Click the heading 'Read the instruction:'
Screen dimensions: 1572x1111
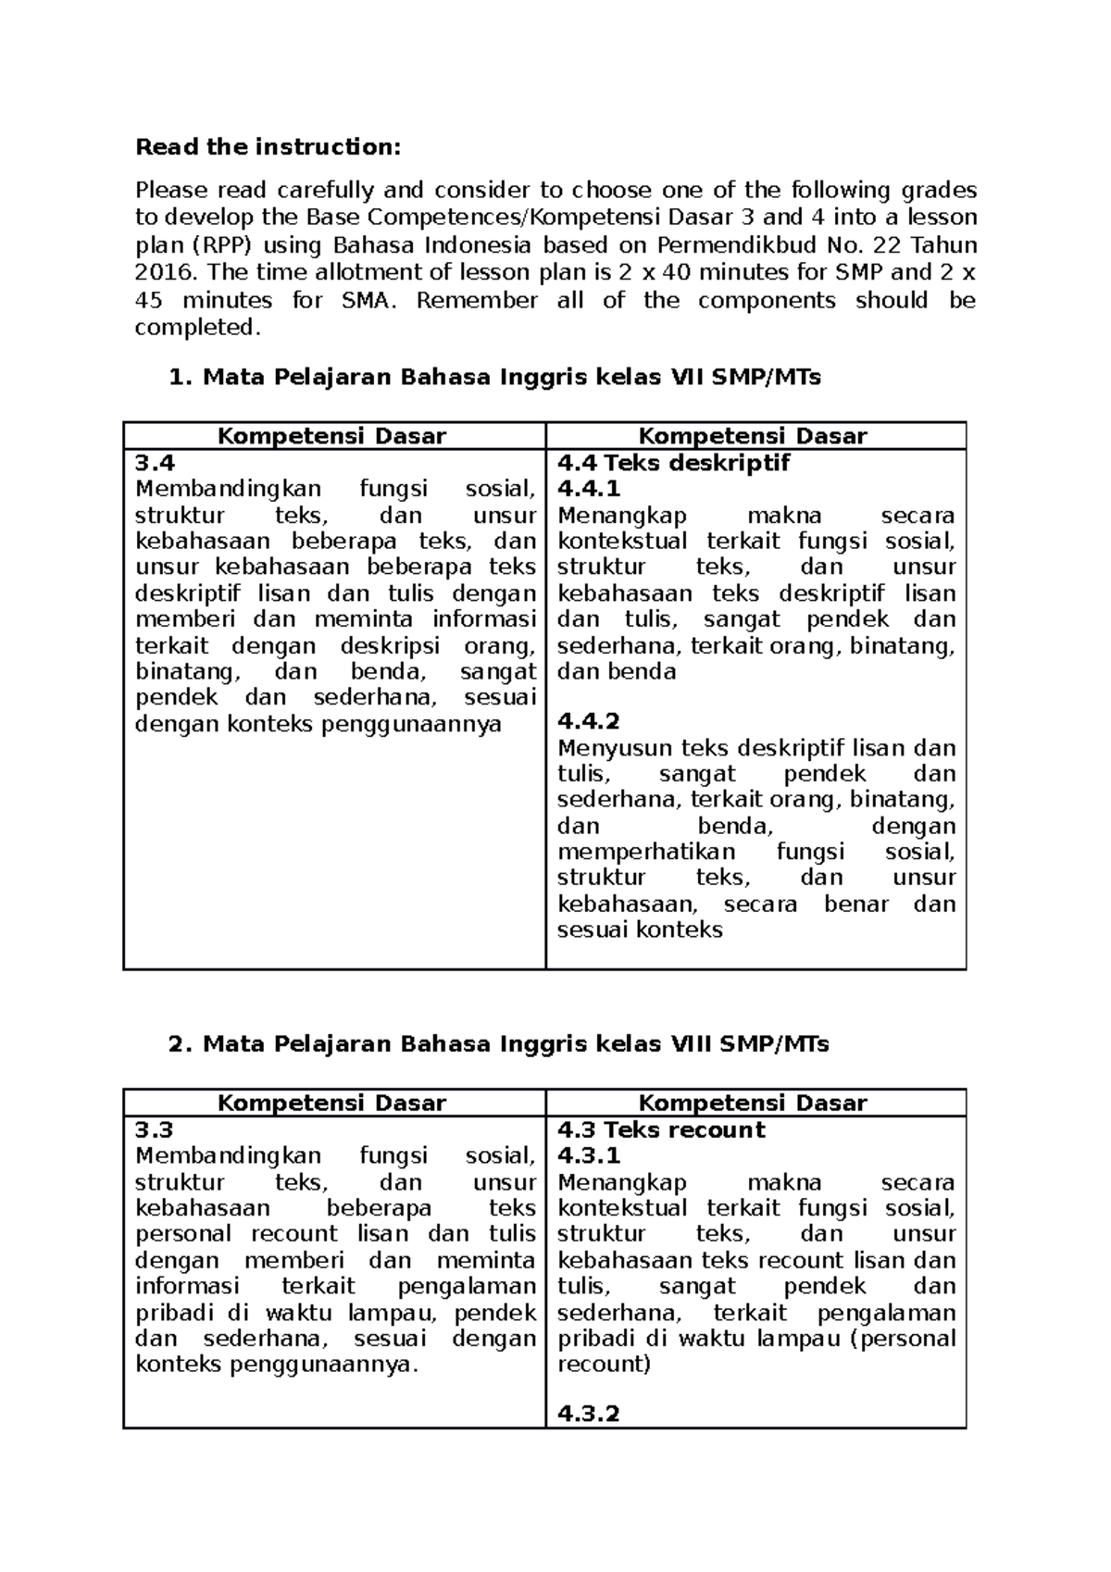click(269, 147)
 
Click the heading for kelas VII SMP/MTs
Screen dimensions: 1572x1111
click(495, 378)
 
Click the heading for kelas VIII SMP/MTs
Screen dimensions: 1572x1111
click(499, 1044)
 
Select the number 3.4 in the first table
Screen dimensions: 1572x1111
click(155, 463)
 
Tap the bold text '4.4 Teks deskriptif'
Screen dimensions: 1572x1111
click(673, 463)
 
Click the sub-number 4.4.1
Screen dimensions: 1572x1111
click(588, 489)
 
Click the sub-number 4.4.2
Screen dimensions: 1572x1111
click(588, 721)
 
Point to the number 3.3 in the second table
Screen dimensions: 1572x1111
click(155, 1129)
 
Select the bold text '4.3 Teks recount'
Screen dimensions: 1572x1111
click(661, 1129)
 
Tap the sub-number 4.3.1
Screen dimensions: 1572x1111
click(588, 1155)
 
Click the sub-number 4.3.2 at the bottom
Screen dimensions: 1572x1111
click(588, 1414)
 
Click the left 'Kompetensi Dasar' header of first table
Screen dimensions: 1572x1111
click(331, 436)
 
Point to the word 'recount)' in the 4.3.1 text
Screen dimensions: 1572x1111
click(604, 1364)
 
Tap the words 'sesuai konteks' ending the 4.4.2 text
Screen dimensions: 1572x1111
click(639, 929)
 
